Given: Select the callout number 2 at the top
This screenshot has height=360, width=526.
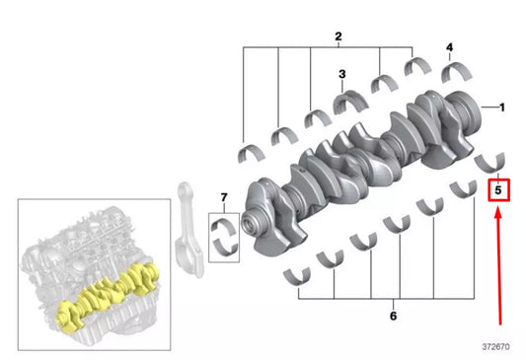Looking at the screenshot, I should (x=338, y=37).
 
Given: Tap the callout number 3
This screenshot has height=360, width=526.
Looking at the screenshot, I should (x=342, y=74).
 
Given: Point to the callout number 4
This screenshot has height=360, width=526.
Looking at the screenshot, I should (x=449, y=47).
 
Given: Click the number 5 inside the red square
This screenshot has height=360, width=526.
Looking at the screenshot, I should (x=499, y=186).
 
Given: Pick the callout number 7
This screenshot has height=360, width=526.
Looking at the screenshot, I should (x=223, y=197).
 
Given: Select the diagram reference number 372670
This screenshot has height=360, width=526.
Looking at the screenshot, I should (x=497, y=347).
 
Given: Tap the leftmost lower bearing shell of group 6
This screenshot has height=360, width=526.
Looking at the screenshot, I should (x=295, y=275).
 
